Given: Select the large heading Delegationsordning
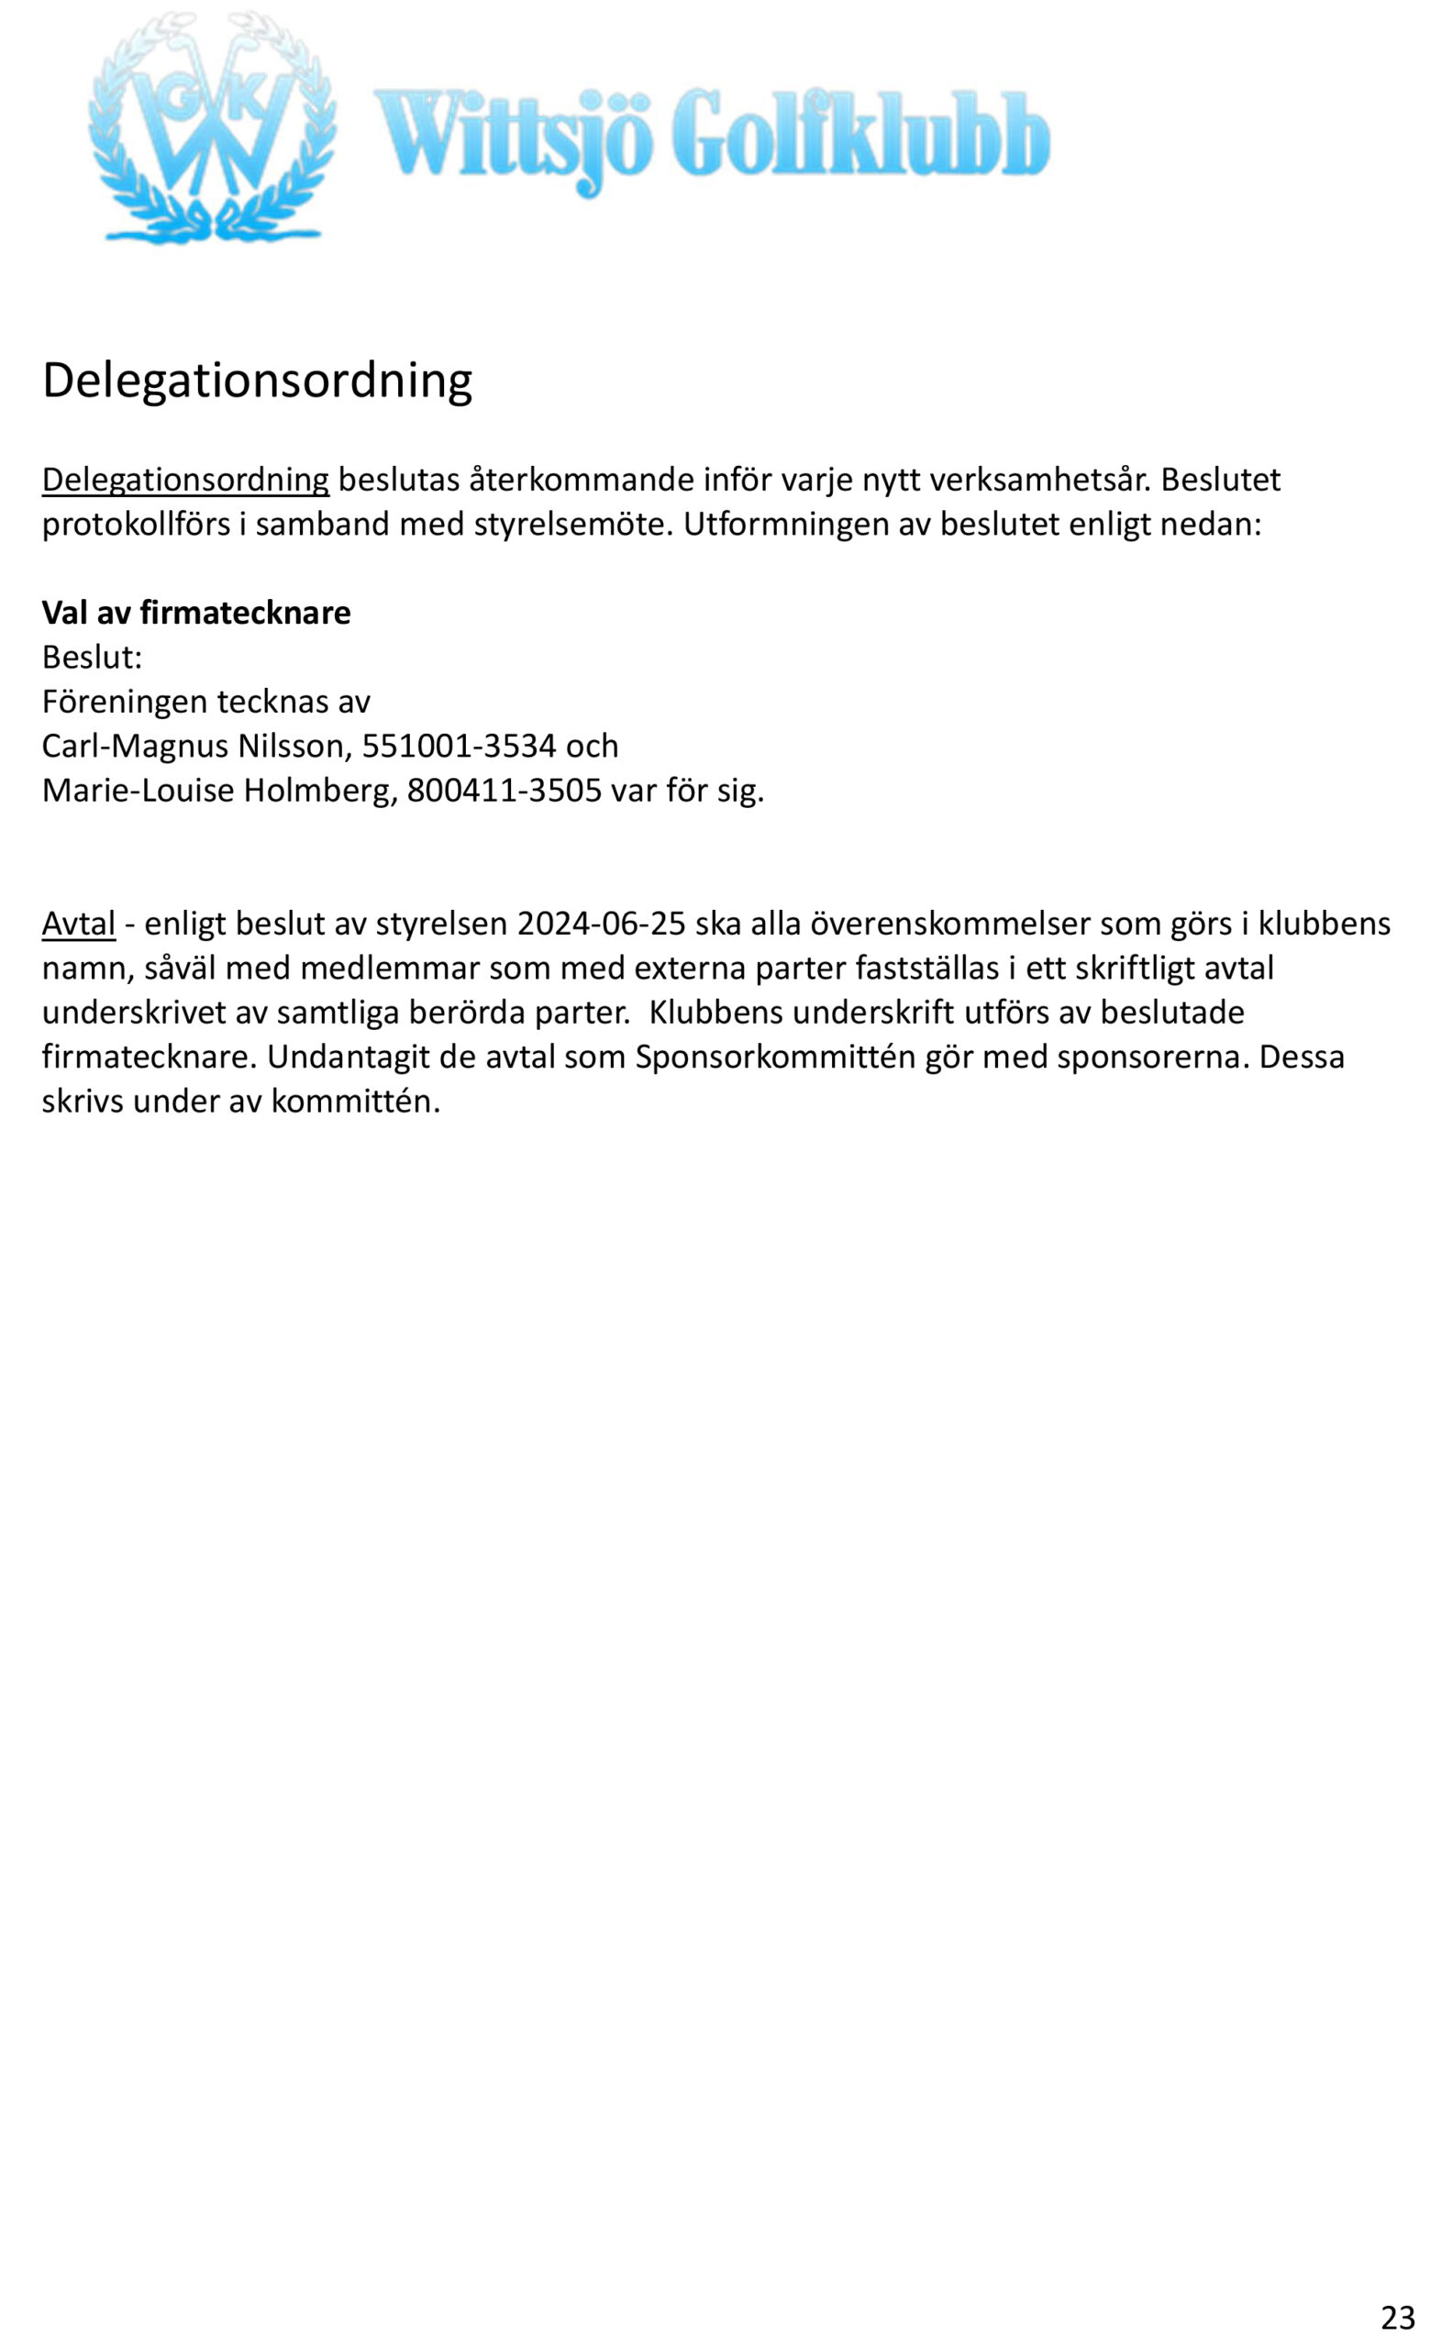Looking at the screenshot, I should [258, 381].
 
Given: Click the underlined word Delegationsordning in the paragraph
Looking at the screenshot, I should [185, 480].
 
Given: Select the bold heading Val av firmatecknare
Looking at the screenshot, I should [196, 613].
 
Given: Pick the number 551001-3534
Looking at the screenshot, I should [460, 747].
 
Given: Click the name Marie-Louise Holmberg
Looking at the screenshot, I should [219, 791].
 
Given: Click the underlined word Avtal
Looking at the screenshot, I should [79, 924].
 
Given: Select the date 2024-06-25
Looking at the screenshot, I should [601, 924].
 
